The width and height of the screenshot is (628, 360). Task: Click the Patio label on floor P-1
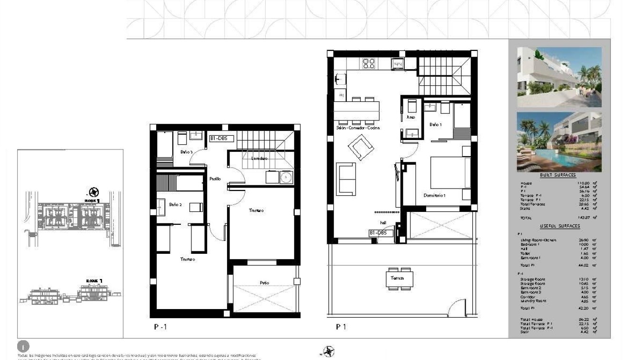pos(264,283)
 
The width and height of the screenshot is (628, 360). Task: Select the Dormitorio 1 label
pos(434,196)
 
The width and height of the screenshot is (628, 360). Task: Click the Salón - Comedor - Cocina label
pos(357,128)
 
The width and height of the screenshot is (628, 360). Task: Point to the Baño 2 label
pos(175,204)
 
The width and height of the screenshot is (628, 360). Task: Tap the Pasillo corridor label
pos(215,179)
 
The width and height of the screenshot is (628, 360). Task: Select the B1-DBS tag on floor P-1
pos(221,139)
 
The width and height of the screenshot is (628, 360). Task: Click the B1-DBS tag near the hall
pos(381,233)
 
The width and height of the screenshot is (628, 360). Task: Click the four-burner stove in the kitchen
pos(369,63)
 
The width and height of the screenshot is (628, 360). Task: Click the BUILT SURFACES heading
pos(558,175)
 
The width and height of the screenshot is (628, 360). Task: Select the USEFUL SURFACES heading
pos(560,226)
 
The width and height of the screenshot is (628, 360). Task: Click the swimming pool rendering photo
pos(559,142)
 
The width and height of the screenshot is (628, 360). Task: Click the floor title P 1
pos(340,327)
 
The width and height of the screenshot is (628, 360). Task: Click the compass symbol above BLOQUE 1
pos(93,192)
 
